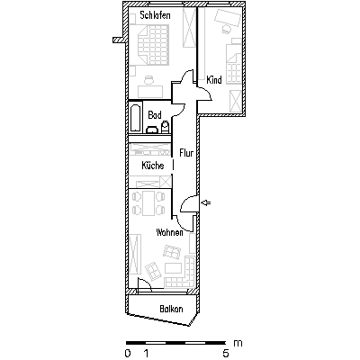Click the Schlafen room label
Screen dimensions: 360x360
[155, 15]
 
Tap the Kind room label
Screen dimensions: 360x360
[214, 80]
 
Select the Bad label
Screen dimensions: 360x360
[155, 115]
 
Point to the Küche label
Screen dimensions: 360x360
[153, 165]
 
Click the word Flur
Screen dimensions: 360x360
[186, 153]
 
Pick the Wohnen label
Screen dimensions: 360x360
[169, 232]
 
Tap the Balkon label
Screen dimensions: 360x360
[171, 309]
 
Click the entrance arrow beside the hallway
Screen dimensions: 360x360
[206, 203]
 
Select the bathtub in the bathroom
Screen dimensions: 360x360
[136, 118]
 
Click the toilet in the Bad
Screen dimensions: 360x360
[166, 127]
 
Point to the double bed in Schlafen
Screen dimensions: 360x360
[152, 44]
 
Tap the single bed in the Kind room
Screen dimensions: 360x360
[234, 64]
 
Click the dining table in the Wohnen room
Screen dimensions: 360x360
[148, 203]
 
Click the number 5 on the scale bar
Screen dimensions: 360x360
[226, 353]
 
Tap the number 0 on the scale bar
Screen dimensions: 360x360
[128, 353]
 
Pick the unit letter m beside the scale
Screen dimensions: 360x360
[238, 343]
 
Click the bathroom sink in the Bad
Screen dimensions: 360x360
[152, 130]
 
